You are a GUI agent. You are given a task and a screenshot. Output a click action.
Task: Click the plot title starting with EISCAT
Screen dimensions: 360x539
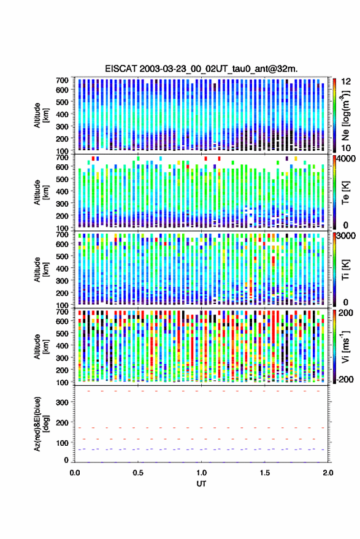tap(201, 69)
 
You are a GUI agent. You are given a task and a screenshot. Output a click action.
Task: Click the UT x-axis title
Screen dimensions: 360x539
tap(201, 484)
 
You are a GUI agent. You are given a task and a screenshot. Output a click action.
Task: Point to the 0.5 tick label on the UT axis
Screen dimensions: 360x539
tap(138, 472)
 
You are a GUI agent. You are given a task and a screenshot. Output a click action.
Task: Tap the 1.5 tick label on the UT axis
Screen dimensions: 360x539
tap(265, 472)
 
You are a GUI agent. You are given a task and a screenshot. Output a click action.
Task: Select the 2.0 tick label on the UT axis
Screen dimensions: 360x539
tap(328, 472)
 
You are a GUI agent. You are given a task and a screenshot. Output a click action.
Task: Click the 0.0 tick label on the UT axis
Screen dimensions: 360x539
tap(75, 472)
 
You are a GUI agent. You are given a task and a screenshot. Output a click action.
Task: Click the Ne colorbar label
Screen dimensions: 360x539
tap(345, 115)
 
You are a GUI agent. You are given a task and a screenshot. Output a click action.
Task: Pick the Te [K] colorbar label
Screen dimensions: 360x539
tap(345, 193)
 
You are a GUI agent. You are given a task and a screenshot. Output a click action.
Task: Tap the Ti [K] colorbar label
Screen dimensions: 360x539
tap(345, 270)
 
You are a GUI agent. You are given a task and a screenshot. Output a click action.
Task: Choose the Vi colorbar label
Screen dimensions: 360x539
tap(345, 346)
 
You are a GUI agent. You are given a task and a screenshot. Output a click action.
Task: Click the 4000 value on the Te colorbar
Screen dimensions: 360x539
tap(347, 158)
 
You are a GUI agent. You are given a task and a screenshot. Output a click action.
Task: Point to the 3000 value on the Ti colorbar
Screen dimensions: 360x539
tap(347, 235)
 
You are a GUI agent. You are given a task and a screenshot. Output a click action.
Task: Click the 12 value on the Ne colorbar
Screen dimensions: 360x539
tap(346, 82)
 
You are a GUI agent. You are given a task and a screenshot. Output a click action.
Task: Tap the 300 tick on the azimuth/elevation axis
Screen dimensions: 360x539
tap(62, 402)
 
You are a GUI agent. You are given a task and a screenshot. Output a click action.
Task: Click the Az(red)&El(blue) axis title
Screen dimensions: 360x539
tap(40, 424)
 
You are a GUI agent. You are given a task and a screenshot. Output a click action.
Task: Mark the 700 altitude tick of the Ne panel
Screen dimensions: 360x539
tap(62, 80)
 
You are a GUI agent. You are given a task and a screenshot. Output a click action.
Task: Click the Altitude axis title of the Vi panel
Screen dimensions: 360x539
tap(40, 346)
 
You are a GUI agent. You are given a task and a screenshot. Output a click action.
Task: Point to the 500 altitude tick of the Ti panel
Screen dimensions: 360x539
tap(62, 256)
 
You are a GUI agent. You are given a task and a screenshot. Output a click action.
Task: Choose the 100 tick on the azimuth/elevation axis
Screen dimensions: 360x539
tap(62, 443)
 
